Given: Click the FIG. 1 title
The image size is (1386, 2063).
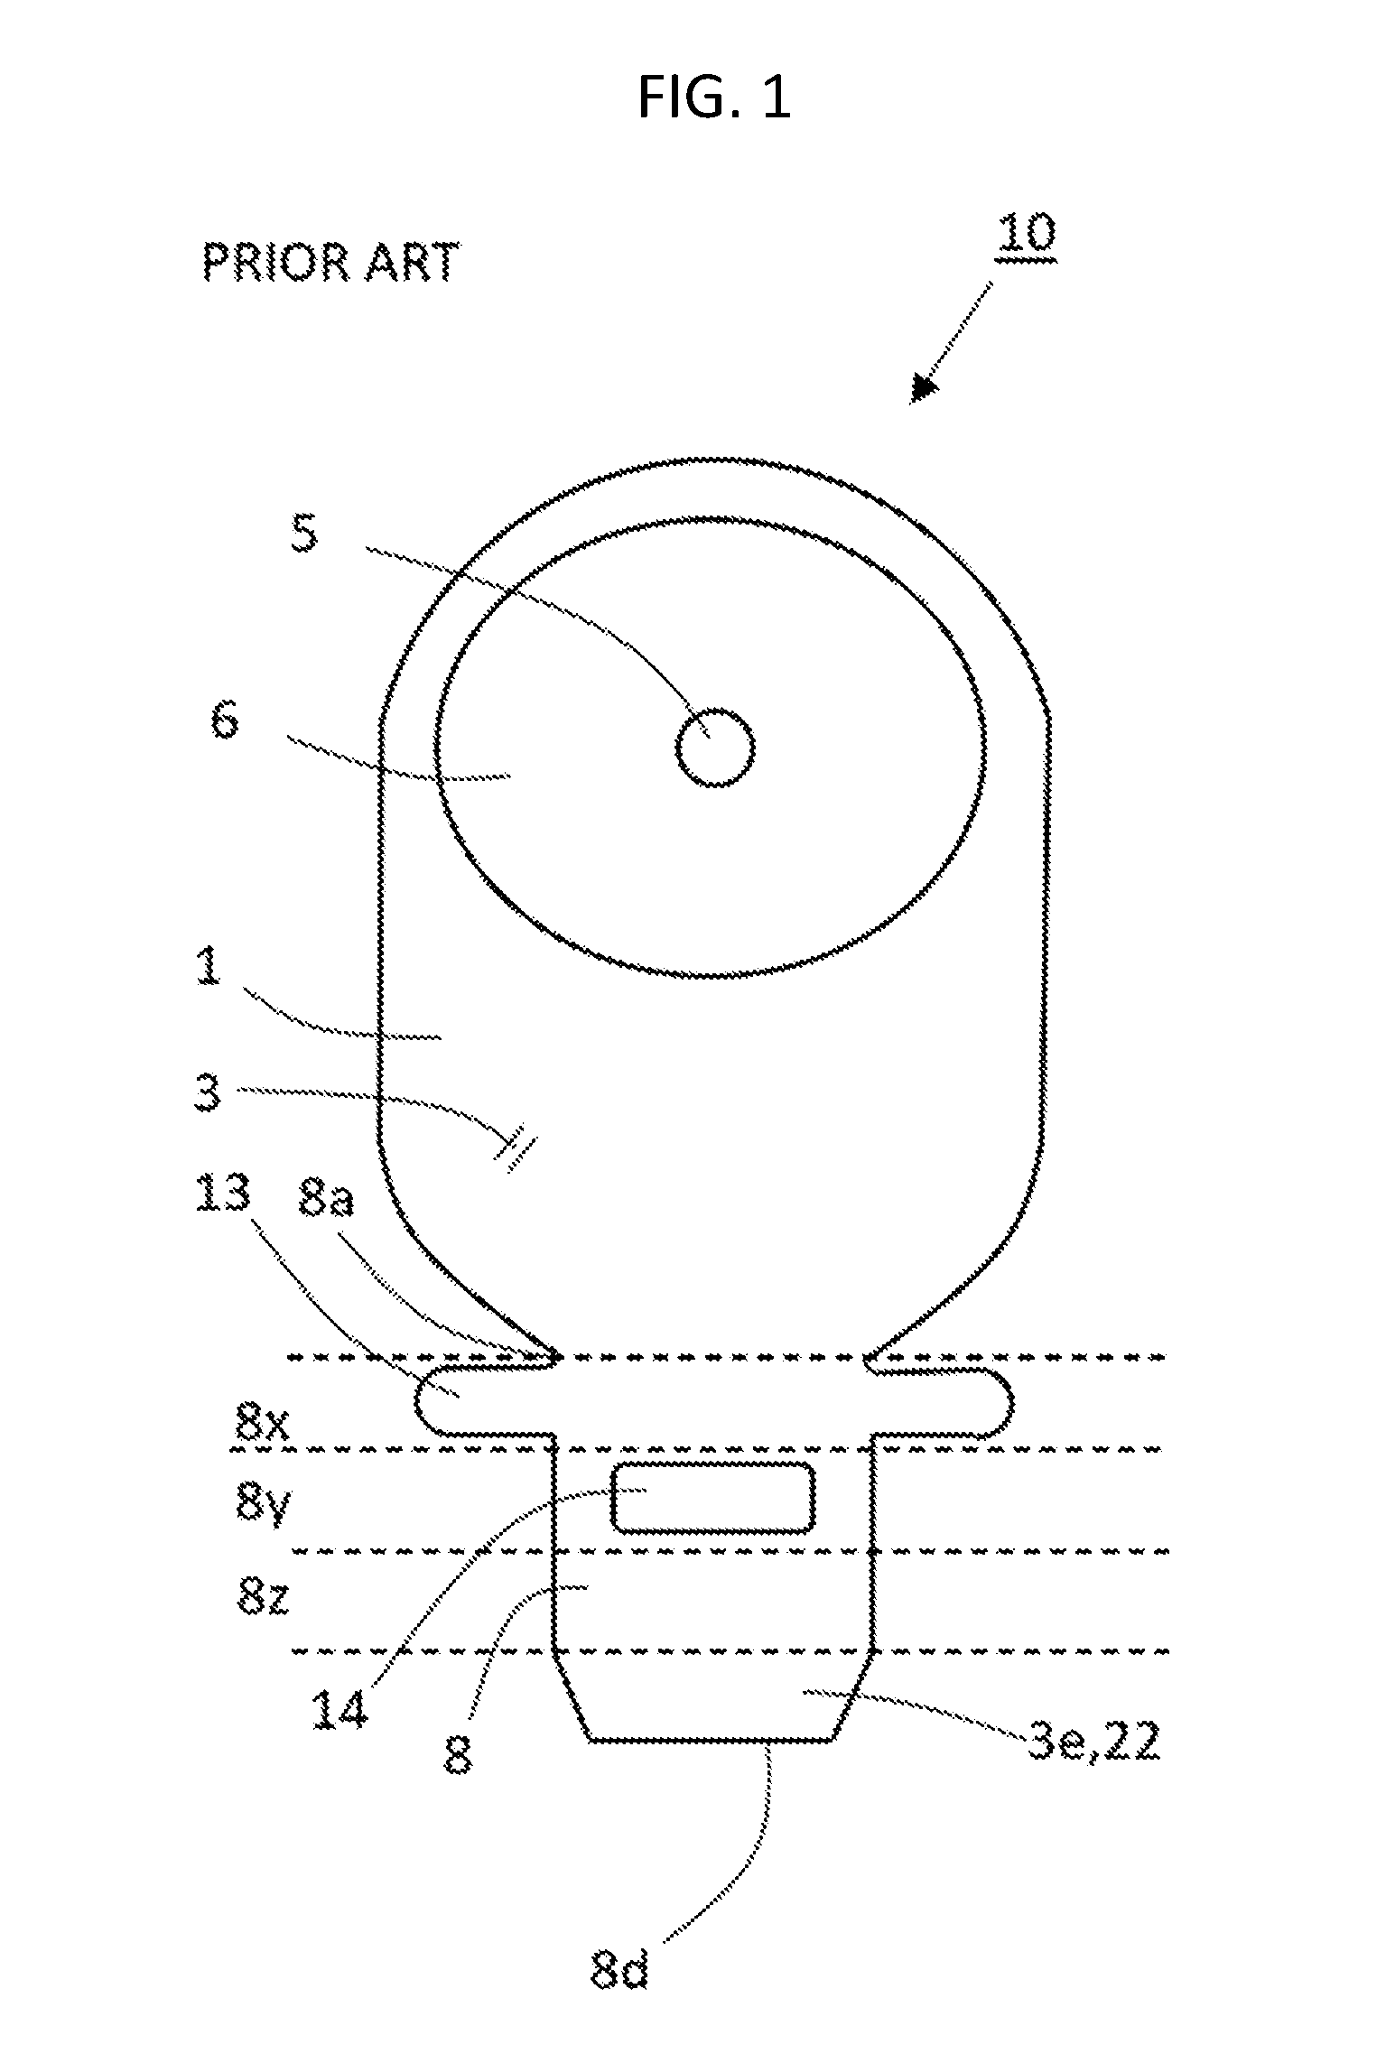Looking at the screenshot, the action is click(x=714, y=98).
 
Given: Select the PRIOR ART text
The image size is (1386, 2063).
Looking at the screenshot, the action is click(x=330, y=263).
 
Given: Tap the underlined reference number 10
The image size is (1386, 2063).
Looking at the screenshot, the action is click(x=1026, y=235).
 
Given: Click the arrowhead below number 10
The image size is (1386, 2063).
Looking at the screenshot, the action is click(x=924, y=387).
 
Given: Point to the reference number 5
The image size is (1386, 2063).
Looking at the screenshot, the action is click(x=305, y=534).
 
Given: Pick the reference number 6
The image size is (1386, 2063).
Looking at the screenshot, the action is click(x=225, y=721).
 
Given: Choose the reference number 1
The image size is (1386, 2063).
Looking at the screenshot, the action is click(x=209, y=968).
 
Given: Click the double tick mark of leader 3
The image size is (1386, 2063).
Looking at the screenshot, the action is click(x=515, y=1153).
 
